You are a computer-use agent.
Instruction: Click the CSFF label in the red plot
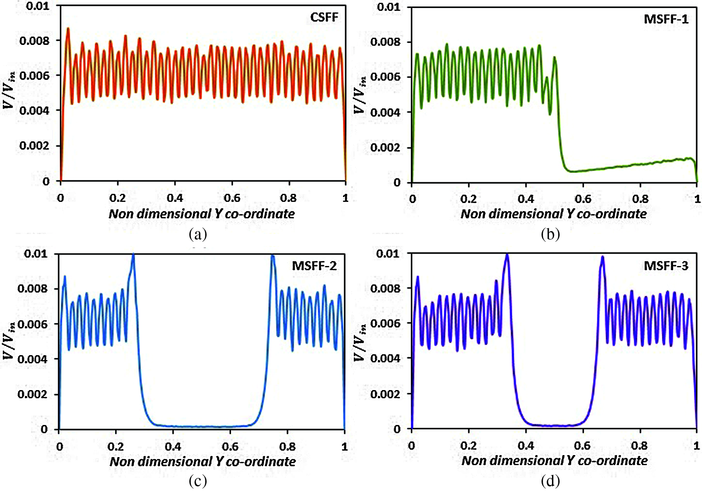324,18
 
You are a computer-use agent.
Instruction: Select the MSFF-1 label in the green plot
666,19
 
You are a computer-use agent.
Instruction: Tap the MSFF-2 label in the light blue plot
314,266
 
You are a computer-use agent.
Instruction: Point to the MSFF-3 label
666,266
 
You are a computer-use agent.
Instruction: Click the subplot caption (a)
198,234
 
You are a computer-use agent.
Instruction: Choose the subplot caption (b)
550,234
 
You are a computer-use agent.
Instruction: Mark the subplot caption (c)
198,480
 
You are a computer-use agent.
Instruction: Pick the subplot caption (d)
550,480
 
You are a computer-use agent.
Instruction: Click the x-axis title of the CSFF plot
202,214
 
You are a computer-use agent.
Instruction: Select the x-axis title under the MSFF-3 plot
554,461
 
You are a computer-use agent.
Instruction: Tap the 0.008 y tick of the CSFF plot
34,41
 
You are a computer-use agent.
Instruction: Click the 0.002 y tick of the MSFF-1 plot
385,148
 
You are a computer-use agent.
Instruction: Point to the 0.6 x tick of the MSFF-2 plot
230,446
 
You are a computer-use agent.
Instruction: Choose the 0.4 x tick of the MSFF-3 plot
525,445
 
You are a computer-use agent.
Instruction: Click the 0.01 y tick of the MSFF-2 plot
36,254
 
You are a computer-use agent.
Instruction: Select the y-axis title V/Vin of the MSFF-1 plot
360,95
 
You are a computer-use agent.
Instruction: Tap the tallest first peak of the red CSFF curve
68,28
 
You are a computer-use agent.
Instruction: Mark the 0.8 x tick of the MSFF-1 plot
640,199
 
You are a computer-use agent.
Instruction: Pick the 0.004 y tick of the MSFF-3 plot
385,358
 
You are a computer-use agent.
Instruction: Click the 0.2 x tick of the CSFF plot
118,198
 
